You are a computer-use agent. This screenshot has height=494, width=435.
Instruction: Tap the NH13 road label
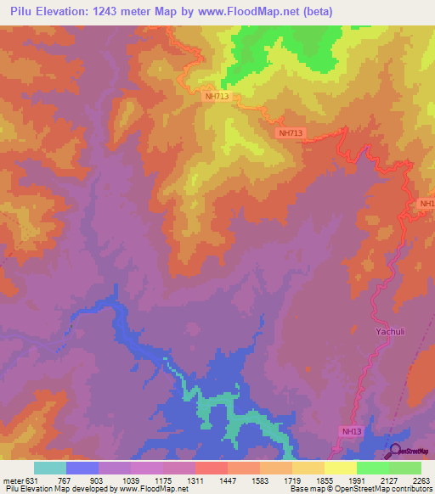(x=353, y=431)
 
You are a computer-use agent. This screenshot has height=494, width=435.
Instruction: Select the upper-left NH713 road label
(x=217, y=96)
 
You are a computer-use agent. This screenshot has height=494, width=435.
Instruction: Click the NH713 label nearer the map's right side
(x=290, y=132)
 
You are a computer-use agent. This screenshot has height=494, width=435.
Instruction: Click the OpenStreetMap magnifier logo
(x=395, y=450)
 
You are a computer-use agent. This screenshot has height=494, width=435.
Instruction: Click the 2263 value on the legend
(x=421, y=480)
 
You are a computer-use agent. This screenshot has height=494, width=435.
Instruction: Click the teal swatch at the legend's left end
(x=50, y=468)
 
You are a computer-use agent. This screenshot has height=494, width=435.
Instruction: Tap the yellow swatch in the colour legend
(x=341, y=468)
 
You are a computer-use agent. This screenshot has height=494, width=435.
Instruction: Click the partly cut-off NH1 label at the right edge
(x=427, y=204)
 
